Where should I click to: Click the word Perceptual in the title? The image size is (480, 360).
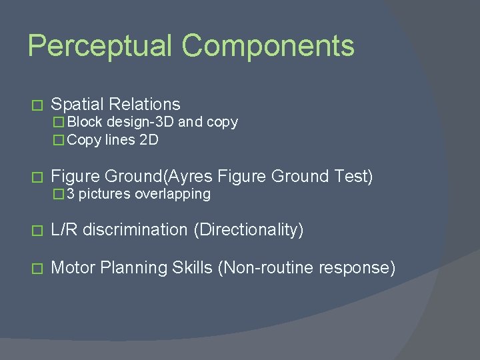(99, 47)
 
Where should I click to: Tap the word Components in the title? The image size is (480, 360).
(268, 47)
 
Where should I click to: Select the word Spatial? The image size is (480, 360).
(77, 105)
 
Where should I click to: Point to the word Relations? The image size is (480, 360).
(145, 105)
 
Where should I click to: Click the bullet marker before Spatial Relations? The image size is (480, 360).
(37, 105)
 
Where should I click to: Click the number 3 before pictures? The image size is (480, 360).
(71, 194)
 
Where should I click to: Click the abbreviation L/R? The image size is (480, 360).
(65, 230)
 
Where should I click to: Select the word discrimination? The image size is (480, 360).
(136, 230)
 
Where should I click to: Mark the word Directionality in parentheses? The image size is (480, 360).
(249, 230)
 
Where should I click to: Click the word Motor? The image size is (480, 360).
(73, 268)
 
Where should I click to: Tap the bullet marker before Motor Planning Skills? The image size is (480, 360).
(37, 269)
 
